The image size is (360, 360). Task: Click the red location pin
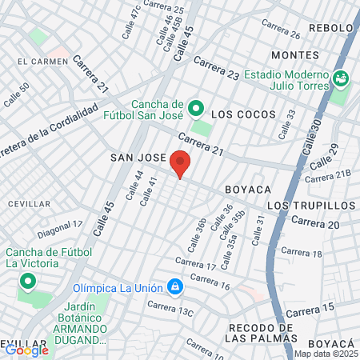[181, 162]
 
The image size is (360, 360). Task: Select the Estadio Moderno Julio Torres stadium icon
[342, 78]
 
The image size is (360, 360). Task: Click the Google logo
[26, 350]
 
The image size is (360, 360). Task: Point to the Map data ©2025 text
[325, 354]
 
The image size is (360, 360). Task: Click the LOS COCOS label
[238, 114]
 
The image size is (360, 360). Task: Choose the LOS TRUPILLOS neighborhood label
[310, 206]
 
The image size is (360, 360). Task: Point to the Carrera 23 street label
[216, 70]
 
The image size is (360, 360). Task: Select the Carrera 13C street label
[170, 306]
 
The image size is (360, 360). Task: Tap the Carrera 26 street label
[280, 30]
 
